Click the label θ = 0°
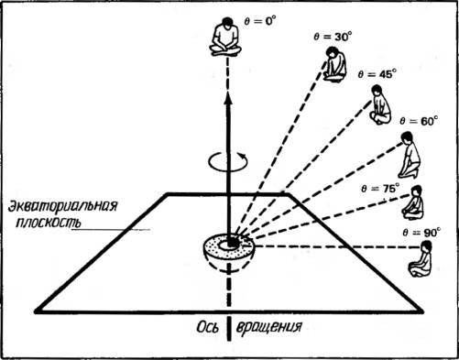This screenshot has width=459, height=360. [x=260, y=21]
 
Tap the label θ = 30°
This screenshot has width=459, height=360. [x=333, y=37]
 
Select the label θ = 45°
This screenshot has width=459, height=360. [x=377, y=74]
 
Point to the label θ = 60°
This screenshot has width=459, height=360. [x=419, y=121]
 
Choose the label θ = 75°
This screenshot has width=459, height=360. [x=380, y=189]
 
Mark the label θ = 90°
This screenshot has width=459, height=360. [x=421, y=233]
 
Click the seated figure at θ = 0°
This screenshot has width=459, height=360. [x=225, y=37]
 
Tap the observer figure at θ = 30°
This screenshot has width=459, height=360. [x=335, y=64]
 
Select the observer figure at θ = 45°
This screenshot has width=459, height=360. [x=380, y=104]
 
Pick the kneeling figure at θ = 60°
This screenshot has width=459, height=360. [x=410, y=155]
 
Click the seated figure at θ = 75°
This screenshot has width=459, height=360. [x=413, y=202]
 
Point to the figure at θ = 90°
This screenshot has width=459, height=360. [x=421, y=259]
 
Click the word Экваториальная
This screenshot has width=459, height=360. [x=62, y=206]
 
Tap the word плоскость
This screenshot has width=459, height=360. [x=49, y=222]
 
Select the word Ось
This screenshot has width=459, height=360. [x=208, y=327]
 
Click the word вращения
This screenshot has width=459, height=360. [x=269, y=327]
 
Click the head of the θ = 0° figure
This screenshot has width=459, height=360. [x=226, y=23]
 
